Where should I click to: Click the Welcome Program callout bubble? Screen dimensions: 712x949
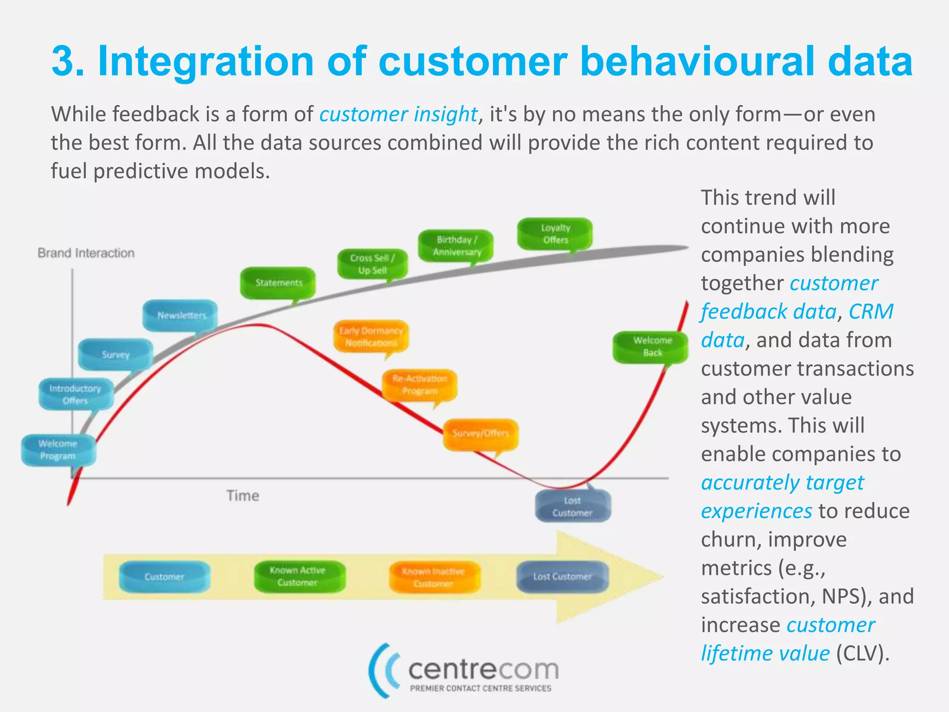tap(58, 450)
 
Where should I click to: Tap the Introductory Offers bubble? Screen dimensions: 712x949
tap(76, 394)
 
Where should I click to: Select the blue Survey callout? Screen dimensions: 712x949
tap(115, 355)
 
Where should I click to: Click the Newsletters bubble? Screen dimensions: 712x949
tap(180, 316)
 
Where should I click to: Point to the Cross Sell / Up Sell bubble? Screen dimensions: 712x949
tap(372, 264)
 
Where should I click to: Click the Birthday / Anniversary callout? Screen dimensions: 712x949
tap(456, 246)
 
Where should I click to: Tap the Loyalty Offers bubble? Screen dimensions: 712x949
tap(555, 234)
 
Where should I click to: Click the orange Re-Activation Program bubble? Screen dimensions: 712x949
tap(419, 385)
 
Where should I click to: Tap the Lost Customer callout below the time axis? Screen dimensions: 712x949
tap(573, 507)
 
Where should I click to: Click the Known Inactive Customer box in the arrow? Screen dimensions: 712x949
tap(434, 578)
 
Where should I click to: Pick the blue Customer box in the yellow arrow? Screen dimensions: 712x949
tap(164, 577)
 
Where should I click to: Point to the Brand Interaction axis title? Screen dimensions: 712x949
tap(86, 253)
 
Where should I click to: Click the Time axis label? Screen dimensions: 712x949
tap(242, 496)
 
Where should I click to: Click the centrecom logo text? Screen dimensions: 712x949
tap(483, 670)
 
